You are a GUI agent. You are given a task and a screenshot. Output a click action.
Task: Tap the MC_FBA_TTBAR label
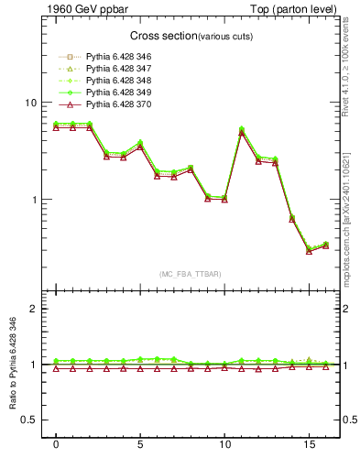(191, 274)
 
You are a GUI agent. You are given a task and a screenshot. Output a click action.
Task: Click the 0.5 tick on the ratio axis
(29, 420)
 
